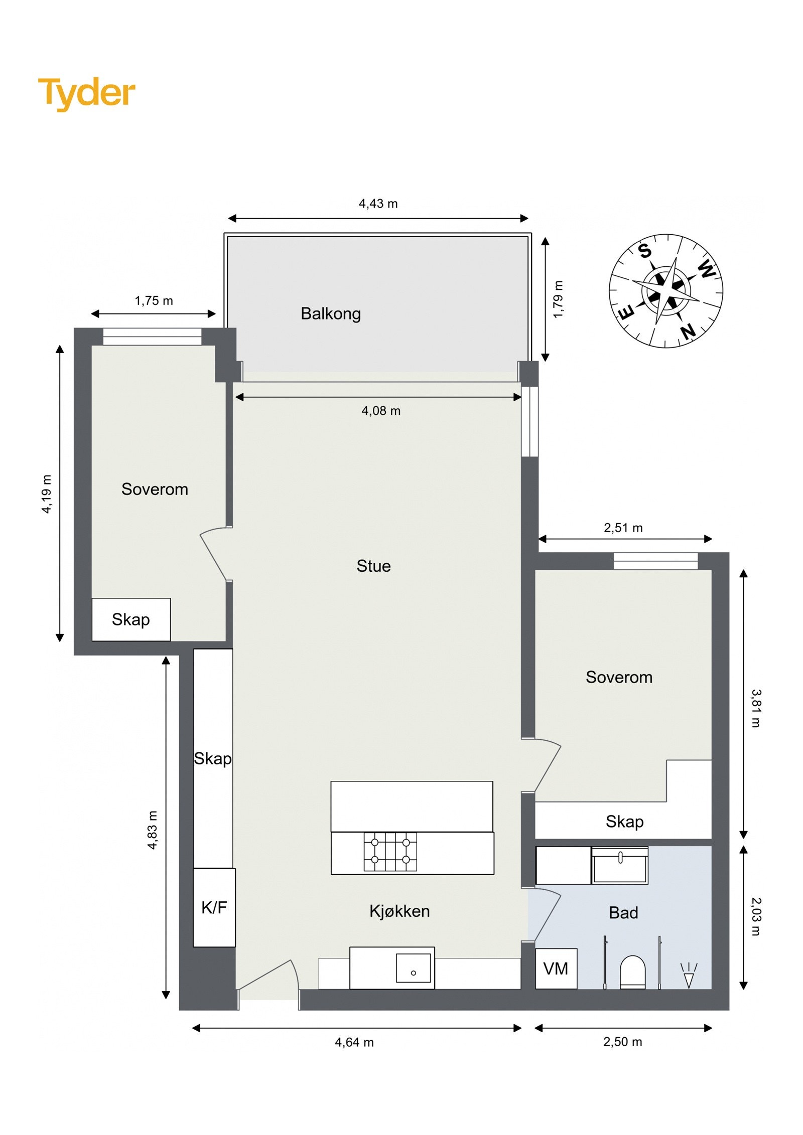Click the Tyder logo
point(87,94)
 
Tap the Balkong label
point(331,314)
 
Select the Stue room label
point(373,566)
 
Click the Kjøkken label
point(399,911)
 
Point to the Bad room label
point(623,913)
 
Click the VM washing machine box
point(556,968)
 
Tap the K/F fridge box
point(214,908)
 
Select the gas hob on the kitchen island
point(390,852)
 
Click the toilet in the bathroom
point(632,972)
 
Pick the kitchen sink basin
point(413,968)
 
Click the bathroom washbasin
point(620,865)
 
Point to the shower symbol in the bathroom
point(689,975)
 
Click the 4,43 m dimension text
point(378,204)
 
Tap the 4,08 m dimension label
point(381,411)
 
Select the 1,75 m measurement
point(154,301)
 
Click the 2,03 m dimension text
point(756,917)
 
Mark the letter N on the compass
point(688,331)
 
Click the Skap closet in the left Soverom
point(131,619)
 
